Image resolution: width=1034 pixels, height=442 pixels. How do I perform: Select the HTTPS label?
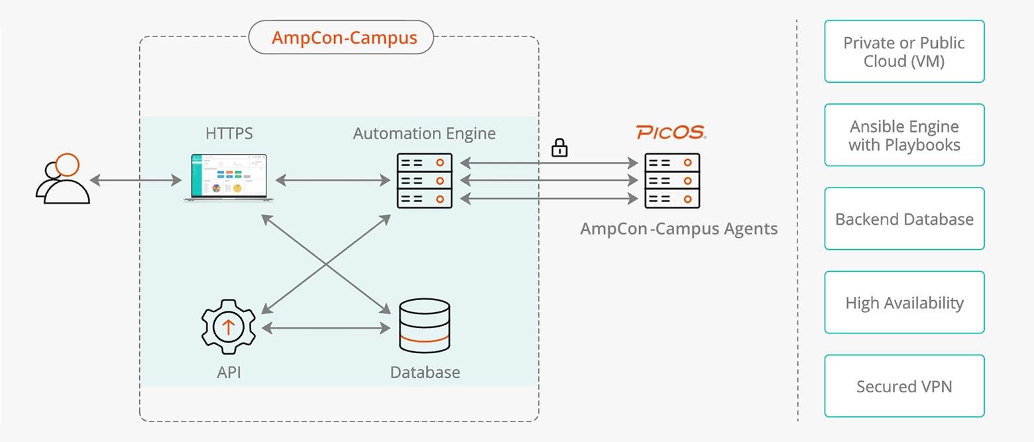(229, 133)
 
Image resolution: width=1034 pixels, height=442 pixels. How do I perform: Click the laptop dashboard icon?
(229, 177)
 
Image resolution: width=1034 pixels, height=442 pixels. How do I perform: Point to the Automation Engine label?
(424, 133)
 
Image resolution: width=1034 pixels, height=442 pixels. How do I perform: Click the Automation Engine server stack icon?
(424, 180)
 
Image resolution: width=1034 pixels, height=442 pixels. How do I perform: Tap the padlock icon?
(559, 148)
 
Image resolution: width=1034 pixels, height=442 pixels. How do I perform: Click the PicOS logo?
(671, 133)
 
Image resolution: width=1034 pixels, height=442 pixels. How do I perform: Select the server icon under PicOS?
(672, 180)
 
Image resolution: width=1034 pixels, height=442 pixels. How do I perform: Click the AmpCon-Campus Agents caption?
(679, 229)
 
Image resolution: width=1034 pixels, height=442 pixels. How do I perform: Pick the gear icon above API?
(229, 327)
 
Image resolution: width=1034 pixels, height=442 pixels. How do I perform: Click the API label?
(229, 372)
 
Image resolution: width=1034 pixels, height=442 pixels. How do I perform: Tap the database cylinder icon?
(424, 327)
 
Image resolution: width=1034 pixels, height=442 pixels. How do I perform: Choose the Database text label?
(425, 372)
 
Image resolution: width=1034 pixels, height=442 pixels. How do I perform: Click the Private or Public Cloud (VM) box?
(904, 52)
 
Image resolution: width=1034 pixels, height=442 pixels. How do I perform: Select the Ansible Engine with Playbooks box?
(904, 135)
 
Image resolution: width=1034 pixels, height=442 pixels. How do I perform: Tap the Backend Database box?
(904, 219)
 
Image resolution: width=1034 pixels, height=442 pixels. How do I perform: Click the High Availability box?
(904, 302)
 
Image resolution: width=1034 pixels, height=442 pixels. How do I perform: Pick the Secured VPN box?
(904, 386)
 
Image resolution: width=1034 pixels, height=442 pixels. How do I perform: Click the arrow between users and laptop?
(136, 180)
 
